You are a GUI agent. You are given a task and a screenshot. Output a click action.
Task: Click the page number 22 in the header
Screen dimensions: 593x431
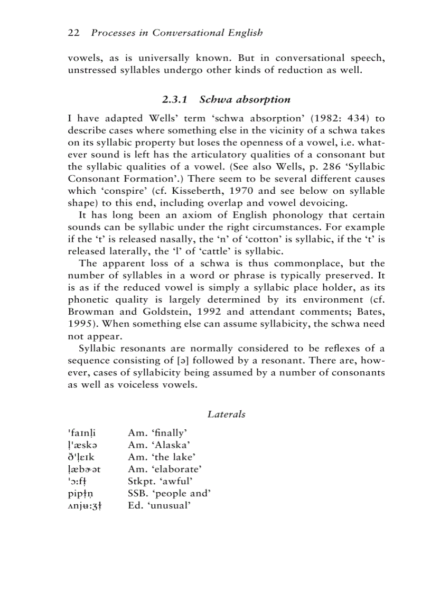coord(73,33)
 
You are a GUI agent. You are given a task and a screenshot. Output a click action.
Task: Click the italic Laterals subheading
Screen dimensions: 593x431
coord(226,415)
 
